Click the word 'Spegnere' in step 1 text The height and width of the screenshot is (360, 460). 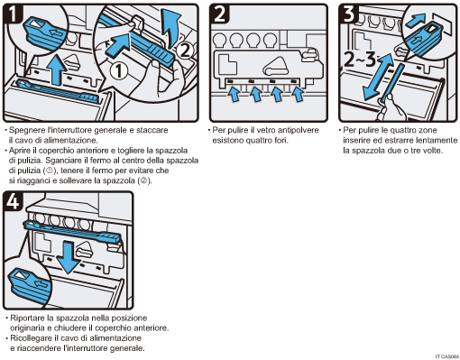[27, 131]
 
